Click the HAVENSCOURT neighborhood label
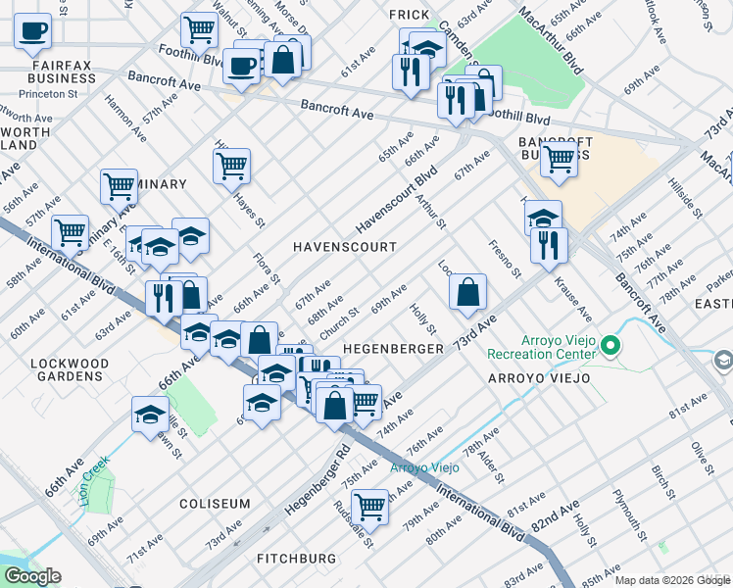tap(345, 247)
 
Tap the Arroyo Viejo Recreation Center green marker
tap(611, 345)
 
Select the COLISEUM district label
tap(215, 504)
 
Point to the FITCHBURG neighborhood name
tap(296, 559)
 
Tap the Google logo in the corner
tap(31, 577)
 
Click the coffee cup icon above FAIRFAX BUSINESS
tap(33, 30)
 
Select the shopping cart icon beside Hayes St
tap(231, 166)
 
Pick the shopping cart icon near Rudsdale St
tap(369, 506)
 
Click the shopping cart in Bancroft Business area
tap(559, 157)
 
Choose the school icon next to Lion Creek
tap(151, 413)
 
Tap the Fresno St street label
tap(506, 258)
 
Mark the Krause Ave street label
tap(572, 300)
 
